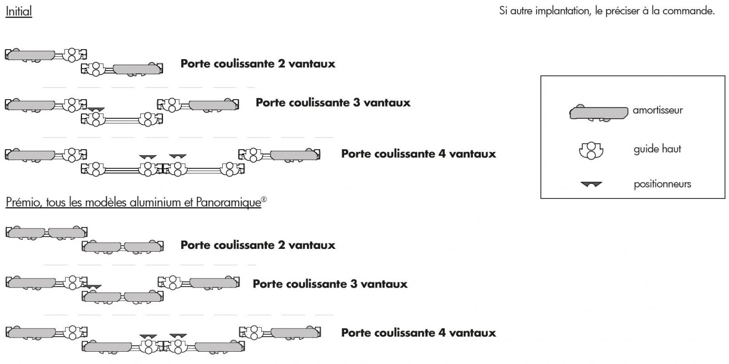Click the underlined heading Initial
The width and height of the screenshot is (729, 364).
19,11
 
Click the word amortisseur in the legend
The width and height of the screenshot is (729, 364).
657,111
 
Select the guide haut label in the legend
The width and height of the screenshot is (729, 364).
657,149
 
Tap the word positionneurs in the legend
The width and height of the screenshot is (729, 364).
662,184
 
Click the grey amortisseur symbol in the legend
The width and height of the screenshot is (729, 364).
598,112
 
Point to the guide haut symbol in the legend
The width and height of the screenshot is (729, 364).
591,150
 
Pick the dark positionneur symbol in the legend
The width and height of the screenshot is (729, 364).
591,184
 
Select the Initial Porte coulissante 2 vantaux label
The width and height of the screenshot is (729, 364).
258,64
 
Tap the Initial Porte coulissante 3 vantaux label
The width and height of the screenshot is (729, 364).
333,103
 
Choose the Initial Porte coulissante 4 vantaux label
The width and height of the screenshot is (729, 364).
418,154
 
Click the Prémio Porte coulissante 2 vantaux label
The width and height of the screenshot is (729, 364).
258,245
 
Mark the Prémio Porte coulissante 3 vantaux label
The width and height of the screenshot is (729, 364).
330,284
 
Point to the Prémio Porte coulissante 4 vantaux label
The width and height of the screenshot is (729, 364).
418,333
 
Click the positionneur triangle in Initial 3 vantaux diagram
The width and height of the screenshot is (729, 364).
96,110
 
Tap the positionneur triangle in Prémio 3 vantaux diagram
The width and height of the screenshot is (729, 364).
94,287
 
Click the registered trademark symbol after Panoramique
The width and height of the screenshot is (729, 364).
264,199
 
